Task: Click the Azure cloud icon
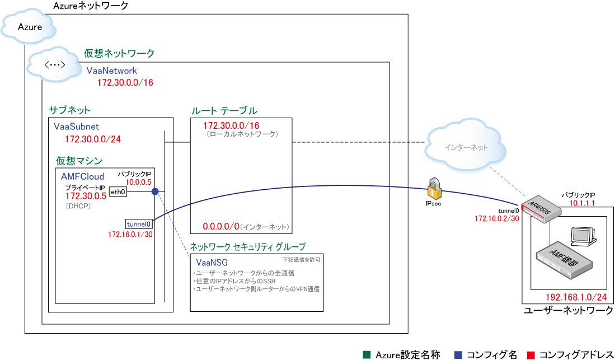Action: coord(30,27)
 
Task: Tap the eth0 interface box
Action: coord(118,191)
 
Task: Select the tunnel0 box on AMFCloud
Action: coord(139,223)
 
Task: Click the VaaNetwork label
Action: coord(111,71)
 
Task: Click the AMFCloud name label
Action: coord(82,176)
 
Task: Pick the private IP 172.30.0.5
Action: coord(86,196)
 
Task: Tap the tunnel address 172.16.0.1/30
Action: coord(130,234)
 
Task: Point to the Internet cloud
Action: coord(466,148)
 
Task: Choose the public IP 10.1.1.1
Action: coord(581,204)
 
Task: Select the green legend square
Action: coord(367,354)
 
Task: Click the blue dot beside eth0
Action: coord(155,191)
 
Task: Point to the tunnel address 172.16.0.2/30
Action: coord(497,218)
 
